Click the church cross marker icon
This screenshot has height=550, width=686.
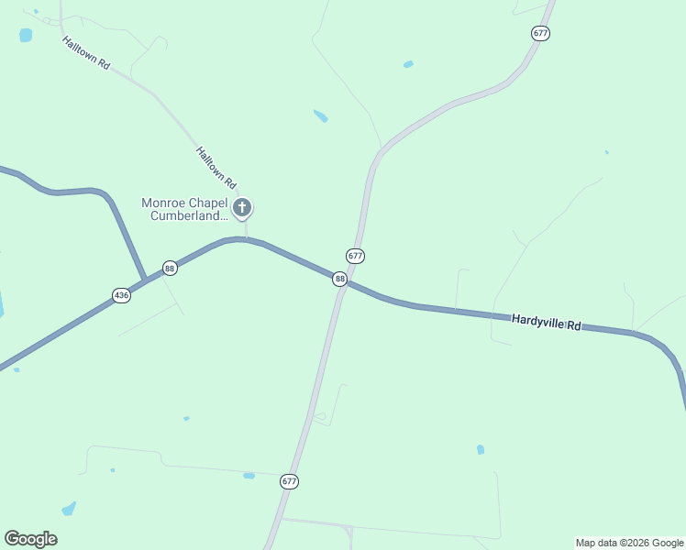click(x=242, y=208)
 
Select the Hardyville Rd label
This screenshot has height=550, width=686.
click(x=547, y=324)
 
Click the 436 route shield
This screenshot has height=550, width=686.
click(x=121, y=295)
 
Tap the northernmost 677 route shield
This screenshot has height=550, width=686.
click(x=539, y=33)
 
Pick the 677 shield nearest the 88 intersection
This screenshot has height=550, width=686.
click(x=355, y=256)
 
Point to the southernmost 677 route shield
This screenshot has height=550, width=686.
click(x=289, y=481)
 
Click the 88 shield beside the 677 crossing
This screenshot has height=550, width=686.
click(x=340, y=279)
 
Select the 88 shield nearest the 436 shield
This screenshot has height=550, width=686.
click(x=169, y=268)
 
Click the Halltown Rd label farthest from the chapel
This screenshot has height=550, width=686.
click(x=86, y=53)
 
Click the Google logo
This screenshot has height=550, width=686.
click(x=30, y=539)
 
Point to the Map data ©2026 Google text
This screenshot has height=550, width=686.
click(x=629, y=543)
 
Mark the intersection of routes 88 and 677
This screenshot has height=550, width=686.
click(x=345, y=283)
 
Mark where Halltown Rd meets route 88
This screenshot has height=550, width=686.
click(x=246, y=239)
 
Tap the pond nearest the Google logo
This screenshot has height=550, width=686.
click(x=69, y=509)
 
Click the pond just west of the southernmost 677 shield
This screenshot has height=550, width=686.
click(x=249, y=476)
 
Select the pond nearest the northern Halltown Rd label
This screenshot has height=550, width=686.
click(x=26, y=35)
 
